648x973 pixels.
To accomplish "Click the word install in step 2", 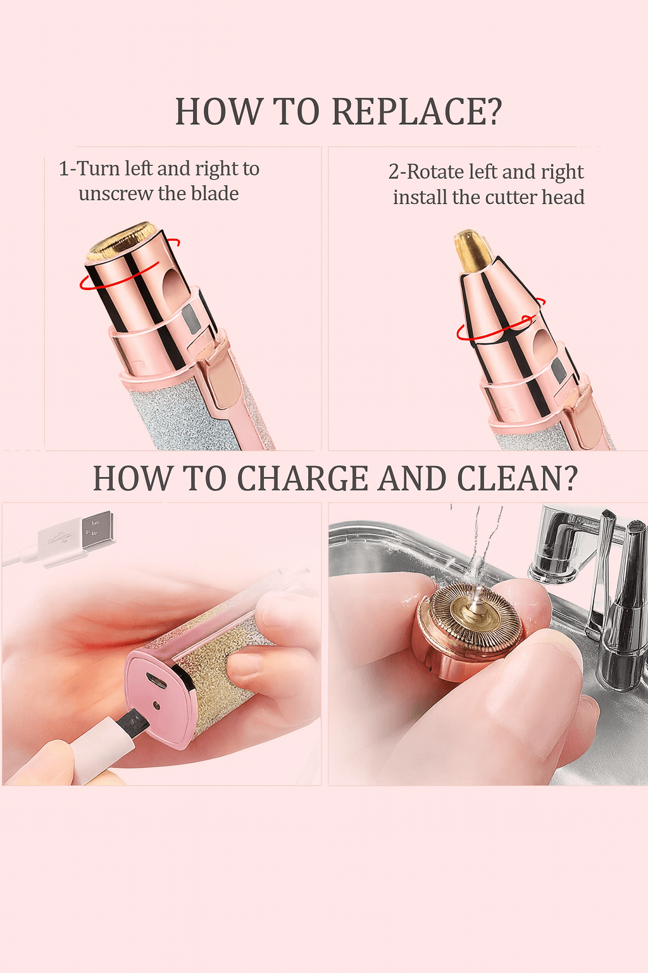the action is (420, 197).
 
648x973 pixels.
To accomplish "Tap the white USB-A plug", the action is (77, 538).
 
